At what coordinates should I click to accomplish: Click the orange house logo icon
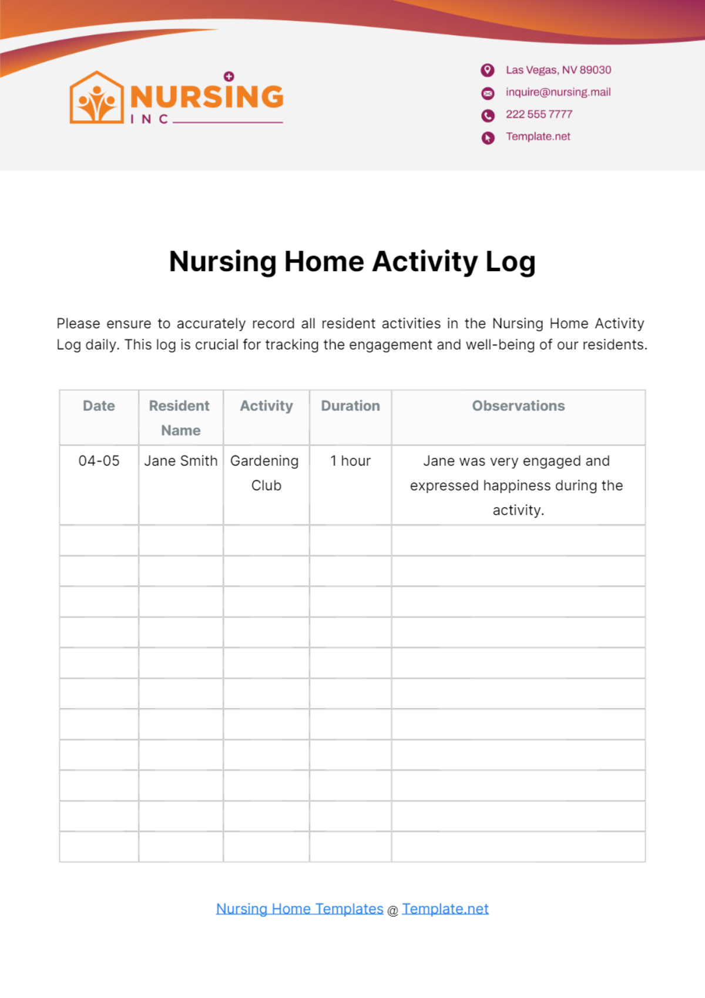97,98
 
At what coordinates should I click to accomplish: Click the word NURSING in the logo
207,97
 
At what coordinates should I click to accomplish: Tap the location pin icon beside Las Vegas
488,70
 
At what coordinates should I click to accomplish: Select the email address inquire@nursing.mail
558,92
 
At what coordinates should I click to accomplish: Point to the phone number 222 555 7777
539,114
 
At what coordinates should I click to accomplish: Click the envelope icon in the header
488,93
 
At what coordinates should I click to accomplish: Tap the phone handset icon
488,115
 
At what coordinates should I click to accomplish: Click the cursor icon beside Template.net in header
488,137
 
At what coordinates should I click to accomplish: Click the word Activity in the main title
425,262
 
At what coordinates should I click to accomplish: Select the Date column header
99,406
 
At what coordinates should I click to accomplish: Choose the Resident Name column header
180,417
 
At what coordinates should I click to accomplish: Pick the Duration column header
350,406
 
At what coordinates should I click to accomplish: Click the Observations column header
518,406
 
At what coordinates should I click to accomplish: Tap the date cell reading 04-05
99,461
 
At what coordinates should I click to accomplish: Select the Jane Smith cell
180,461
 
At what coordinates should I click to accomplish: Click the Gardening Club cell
266,473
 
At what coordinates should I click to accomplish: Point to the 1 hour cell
350,461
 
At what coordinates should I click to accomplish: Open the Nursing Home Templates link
300,909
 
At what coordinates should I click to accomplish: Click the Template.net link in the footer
445,909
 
